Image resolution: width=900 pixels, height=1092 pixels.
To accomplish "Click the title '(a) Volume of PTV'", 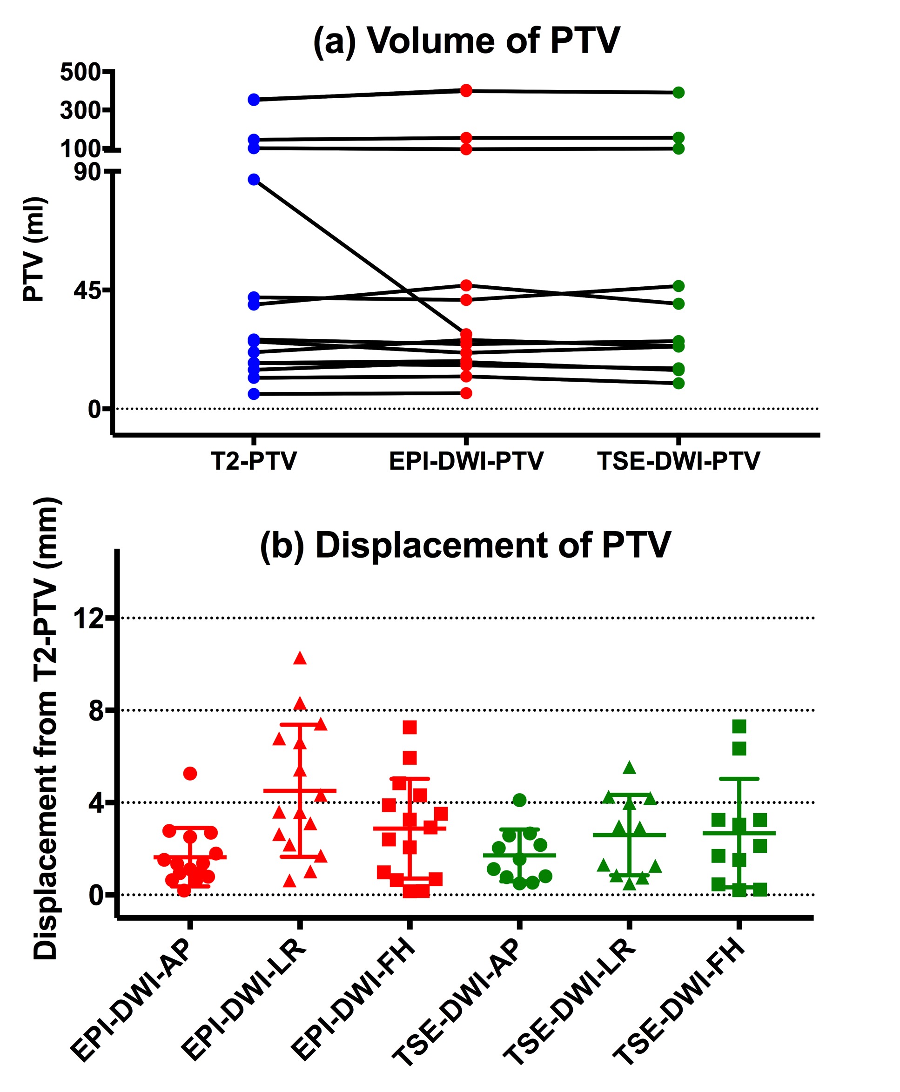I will click(467, 40).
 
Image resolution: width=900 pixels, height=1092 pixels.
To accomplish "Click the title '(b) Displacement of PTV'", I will click(465, 545).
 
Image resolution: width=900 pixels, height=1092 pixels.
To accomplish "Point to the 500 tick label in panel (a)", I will click(80, 72).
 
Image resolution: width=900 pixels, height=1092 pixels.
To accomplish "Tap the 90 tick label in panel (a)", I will click(87, 172).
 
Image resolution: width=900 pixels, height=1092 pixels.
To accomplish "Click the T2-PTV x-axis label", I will click(254, 460).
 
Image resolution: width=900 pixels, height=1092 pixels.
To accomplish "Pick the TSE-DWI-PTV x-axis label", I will click(678, 460).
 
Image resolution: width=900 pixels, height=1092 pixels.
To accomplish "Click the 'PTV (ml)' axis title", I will click(35, 249).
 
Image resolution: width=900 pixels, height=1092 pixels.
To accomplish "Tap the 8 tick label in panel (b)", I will click(96, 711).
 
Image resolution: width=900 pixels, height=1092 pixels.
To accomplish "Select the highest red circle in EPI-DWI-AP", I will click(190, 774).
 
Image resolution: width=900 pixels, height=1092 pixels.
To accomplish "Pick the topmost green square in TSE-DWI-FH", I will click(739, 727).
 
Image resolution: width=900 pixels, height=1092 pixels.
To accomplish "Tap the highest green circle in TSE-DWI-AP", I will click(519, 800).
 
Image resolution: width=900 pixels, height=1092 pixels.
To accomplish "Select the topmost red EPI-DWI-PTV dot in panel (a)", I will click(466, 91).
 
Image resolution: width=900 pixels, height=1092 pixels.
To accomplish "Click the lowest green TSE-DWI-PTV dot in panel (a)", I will click(678, 383).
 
